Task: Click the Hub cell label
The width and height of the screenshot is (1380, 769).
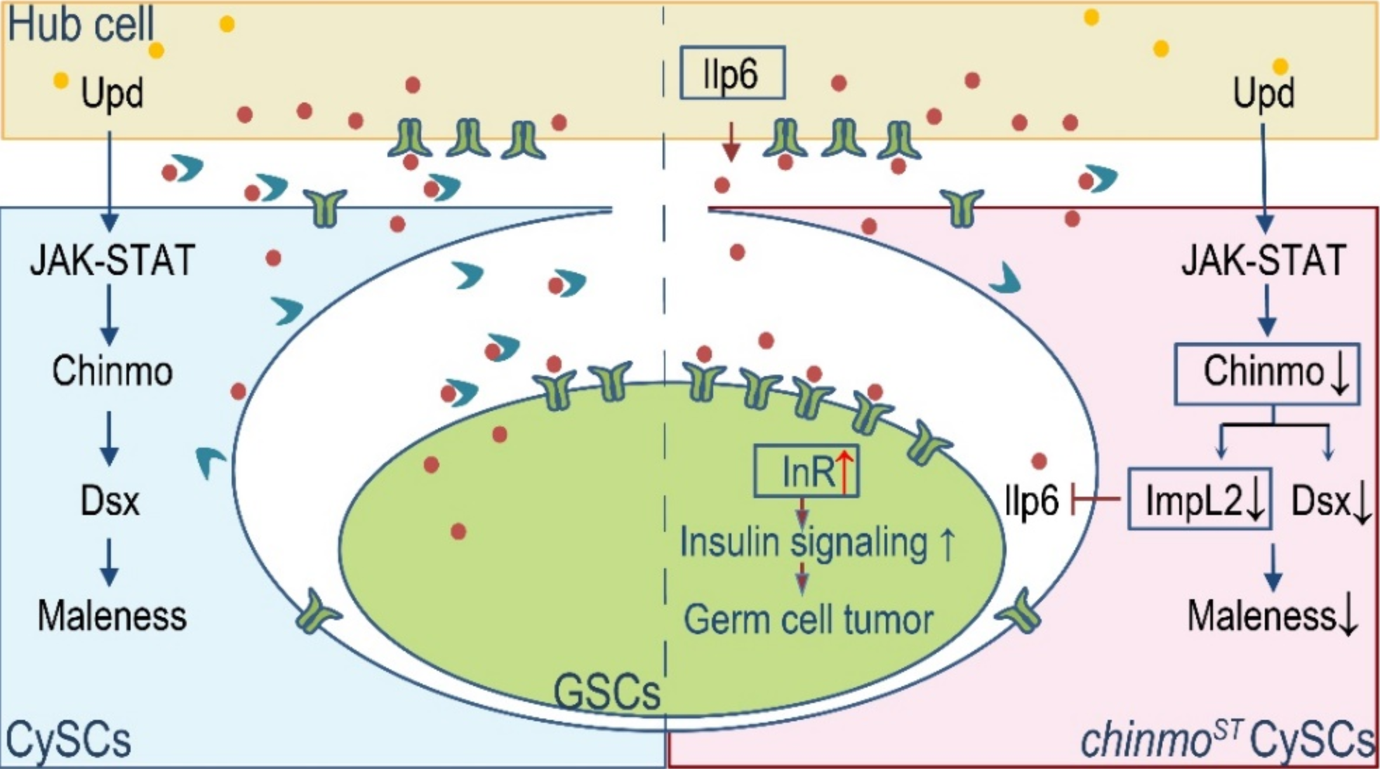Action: (x=81, y=24)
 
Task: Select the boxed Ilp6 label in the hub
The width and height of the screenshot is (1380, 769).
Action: (x=731, y=73)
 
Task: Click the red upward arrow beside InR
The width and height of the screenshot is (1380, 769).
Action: (x=844, y=471)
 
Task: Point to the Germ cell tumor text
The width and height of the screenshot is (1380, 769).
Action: (x=809, y=620)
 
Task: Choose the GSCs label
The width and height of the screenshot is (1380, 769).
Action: (x=607, y=692)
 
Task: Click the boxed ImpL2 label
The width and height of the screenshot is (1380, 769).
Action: (x=1199, y=500)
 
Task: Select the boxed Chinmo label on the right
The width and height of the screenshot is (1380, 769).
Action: (x=1268, y=373)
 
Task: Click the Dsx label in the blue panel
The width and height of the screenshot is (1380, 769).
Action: (x=110, y=501)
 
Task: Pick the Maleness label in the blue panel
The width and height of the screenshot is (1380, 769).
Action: (x=112, y=616)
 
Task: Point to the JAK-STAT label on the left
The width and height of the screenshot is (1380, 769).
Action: (x=112, y=260)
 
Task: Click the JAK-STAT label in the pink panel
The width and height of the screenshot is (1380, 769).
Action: (x=1264, y=260)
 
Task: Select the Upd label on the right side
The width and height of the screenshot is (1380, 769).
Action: (x=1263, y=93)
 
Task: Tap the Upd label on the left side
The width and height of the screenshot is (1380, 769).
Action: (x=112, y=93)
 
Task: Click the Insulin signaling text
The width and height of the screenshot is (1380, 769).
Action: (x=804, y=542)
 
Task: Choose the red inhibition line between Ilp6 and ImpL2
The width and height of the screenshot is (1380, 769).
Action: (x=1095, y=500)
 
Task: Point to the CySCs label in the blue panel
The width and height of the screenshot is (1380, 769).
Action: (x=68, y=740)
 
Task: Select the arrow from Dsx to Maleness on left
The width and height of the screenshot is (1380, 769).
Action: (x=109, y=561)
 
